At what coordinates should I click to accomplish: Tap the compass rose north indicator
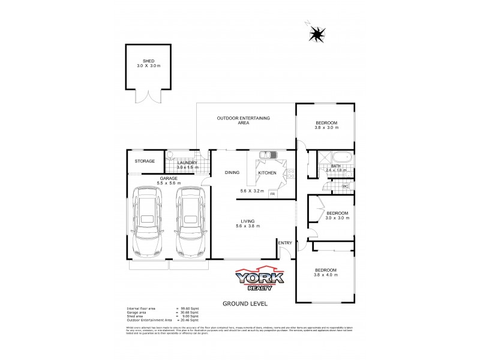[x=316, y=34]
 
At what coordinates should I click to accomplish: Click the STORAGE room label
[x=145, y=161]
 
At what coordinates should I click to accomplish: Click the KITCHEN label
[x=266, y=173]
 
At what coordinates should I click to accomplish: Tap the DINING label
[x=232, y=173]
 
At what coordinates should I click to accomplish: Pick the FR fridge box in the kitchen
[x=272, y=194]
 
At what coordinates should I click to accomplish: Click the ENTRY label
[x=284, y=242]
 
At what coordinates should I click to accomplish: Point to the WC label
[x=345, y=187]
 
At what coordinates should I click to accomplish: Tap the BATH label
[x=336, y=166]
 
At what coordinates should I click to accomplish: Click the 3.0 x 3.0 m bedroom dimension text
[x=337, y=218]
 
